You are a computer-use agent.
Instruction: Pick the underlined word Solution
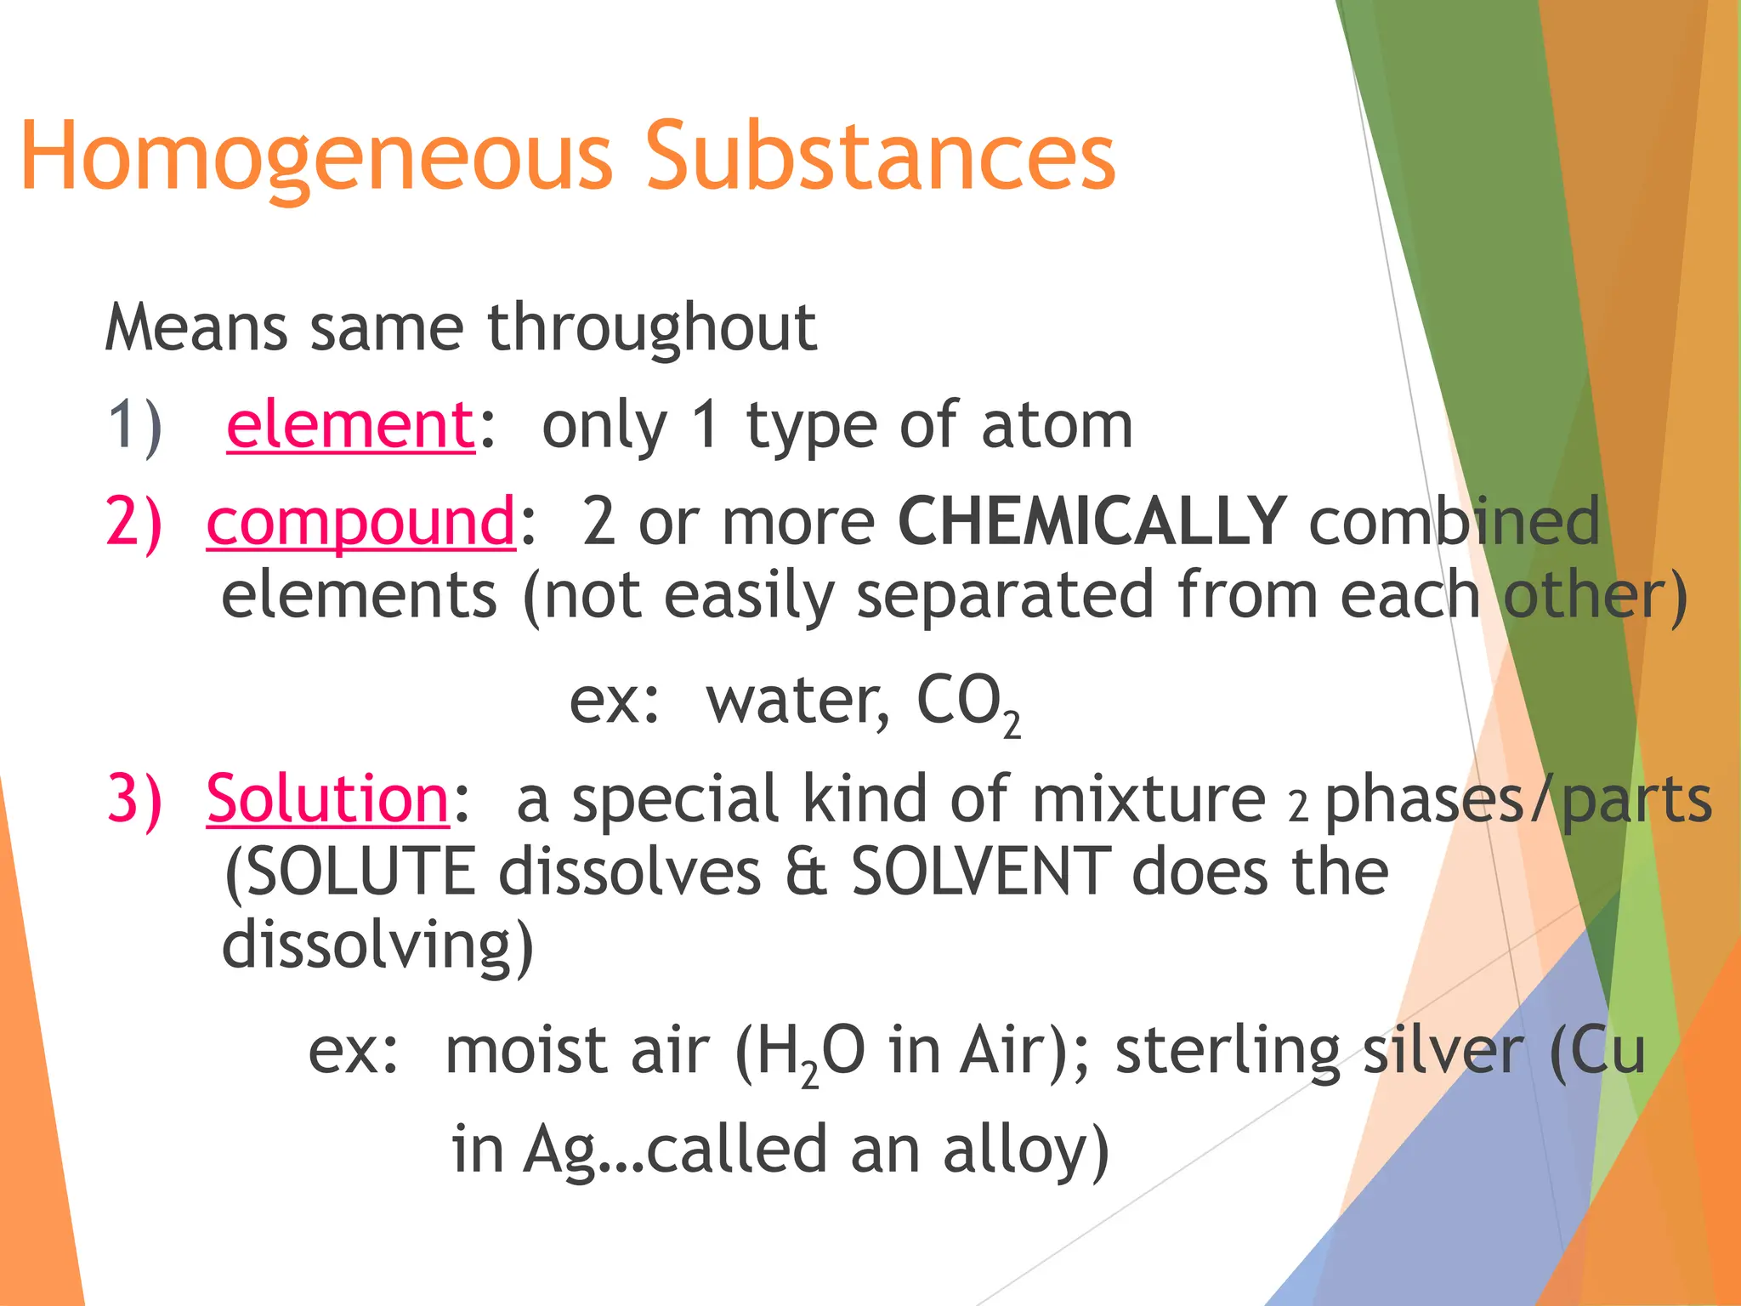(327, 798)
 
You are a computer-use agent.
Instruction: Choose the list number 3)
(134, 798)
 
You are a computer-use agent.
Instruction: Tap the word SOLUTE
(349, 872)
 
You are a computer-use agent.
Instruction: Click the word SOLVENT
(981, 872)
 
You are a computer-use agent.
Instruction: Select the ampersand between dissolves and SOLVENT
(805, 872)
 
